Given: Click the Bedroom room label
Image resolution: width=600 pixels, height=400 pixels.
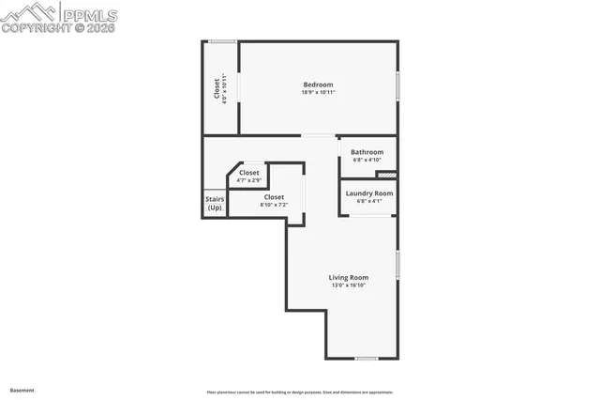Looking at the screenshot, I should point(318,85).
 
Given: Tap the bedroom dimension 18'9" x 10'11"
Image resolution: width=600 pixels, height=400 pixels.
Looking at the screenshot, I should point(318,92).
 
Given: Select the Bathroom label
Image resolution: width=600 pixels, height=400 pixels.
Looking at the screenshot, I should point(367,152).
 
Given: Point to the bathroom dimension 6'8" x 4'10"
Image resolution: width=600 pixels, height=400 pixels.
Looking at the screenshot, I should point(367,160).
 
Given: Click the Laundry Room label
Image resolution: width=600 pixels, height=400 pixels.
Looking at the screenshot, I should point(369,193).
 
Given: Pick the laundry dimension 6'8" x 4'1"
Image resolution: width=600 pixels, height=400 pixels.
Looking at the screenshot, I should point(369,201).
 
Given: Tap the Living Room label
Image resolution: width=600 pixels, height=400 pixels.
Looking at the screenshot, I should point(348,277).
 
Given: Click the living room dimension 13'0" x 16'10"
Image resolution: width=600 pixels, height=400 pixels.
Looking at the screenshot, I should point(348,285).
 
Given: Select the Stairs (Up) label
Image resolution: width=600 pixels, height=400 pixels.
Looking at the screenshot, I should point(215,203).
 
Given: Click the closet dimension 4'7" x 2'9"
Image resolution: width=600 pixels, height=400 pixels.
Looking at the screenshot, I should point(249,180).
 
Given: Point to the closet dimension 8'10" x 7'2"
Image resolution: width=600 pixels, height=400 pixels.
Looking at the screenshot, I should point(274,205).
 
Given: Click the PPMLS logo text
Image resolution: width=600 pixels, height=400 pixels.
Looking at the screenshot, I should point(88,14).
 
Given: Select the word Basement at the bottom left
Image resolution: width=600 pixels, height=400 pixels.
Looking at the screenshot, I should point(22,390).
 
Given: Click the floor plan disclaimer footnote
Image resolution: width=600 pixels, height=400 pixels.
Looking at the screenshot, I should point(300,392).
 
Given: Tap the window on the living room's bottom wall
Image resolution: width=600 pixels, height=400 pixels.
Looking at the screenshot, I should point(367,358).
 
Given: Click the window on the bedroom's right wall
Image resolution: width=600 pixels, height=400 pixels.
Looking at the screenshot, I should point(397,85).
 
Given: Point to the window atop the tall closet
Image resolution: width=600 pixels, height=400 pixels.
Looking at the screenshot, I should point(221,41).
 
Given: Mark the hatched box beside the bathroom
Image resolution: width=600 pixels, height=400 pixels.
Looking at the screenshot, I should point(386,175).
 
